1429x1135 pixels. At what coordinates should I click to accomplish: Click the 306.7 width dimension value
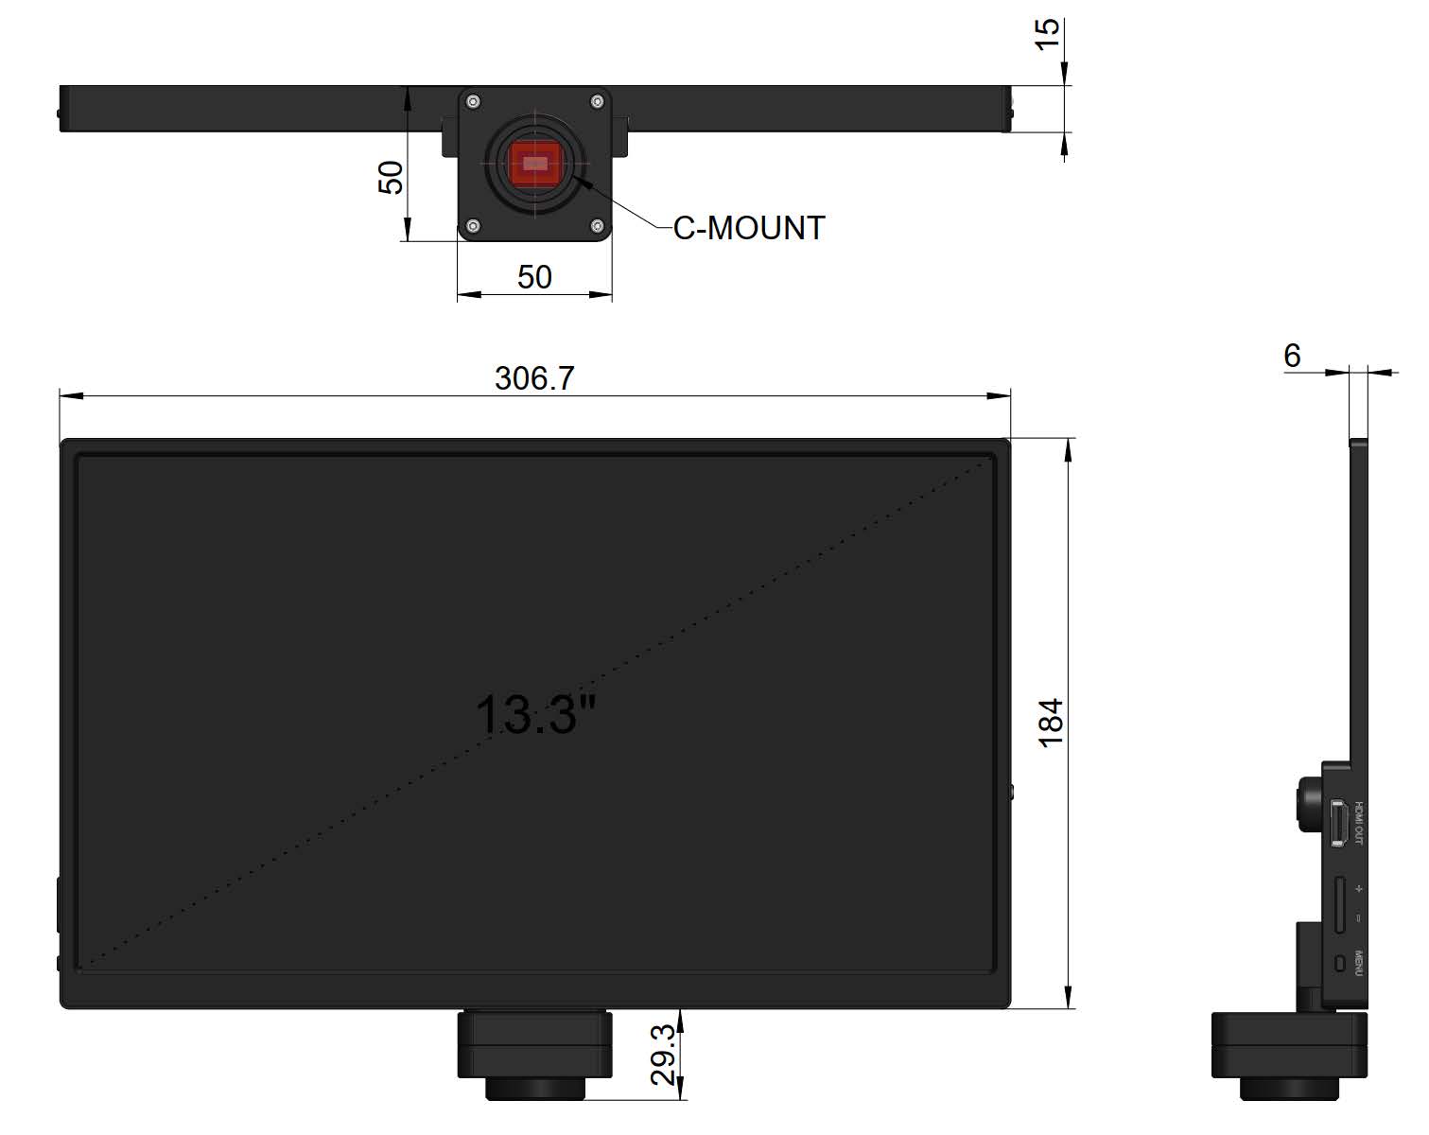(534, 378)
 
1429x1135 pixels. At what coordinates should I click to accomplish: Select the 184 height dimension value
(1052, 723)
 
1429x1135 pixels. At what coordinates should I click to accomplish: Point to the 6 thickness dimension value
(1292, 356)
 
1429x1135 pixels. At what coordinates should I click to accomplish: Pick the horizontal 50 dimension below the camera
(534, 277)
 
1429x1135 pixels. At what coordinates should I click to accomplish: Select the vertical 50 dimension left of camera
(391, 177)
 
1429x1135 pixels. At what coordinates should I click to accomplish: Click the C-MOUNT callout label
(749, 228)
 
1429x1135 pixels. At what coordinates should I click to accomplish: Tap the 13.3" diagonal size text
(535, 714)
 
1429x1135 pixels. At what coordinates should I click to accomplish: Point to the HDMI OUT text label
(1359, 823)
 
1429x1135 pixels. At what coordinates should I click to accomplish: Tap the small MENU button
(1338, 964)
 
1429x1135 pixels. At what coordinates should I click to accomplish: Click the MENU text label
(1359, 964)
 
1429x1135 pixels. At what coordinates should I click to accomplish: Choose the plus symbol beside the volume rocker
(1359, 889)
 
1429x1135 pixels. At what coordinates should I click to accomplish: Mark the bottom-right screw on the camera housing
(597, 225)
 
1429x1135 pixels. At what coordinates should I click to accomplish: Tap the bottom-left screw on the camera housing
(473, 225)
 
